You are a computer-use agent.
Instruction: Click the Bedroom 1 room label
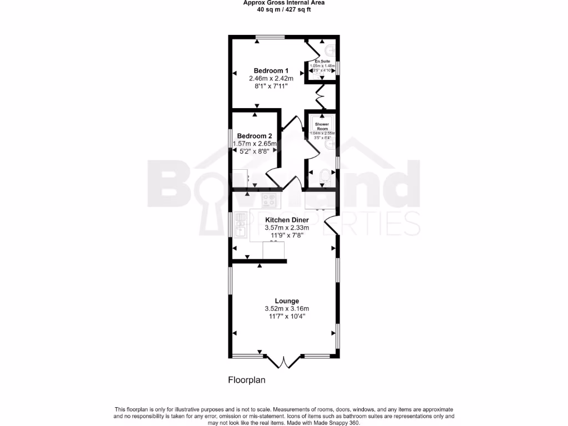[x=271, y=70]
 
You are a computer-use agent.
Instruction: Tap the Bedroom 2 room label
[x=255, y=136]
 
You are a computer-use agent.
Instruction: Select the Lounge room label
[x=287, y=301]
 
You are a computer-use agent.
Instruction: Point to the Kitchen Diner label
[x=287, y=220]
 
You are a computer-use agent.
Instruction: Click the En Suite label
[x=323, y=61]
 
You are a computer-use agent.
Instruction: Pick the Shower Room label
[x=322, y=126]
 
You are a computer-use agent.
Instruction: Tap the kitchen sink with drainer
[x=241, y=226]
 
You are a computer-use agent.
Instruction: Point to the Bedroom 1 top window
[x=271, y=37]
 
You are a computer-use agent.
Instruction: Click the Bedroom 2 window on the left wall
[x=231, y=145]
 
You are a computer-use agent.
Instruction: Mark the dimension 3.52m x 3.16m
[x=287, y=309]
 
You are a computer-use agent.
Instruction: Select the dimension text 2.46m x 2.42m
[x=271, y=79]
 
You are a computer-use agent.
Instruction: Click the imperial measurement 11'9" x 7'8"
[x=287, y=235]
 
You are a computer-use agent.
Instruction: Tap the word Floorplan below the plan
[x=247, y=381]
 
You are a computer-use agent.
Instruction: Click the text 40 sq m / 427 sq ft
[x=283, y=9]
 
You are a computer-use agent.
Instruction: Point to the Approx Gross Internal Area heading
[x=283, y=3]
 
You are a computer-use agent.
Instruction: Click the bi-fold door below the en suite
[x=321, y=98]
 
